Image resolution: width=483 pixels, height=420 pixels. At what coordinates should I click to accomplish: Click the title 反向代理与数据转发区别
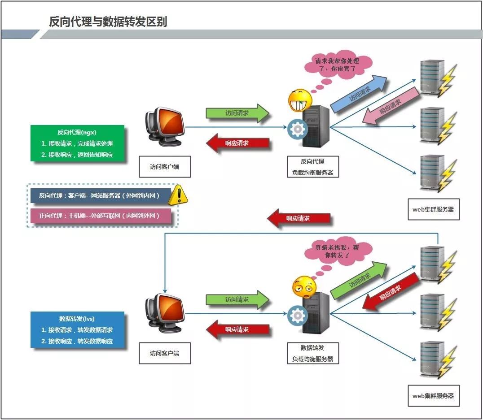(x=108, y=22)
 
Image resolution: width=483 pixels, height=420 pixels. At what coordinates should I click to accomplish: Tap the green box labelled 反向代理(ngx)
(x=77, y=143)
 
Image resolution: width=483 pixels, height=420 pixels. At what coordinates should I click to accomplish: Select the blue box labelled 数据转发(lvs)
(x=77, y=329)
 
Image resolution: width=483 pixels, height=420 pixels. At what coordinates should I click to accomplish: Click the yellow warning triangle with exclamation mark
(x=178, y=195)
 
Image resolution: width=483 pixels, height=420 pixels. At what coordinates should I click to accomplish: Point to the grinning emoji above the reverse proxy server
(x=300, y=100)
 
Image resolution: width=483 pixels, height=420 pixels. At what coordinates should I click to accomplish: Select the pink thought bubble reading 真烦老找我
(x=338, y=251)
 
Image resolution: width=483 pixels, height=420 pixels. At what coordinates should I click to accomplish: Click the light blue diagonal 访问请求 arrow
(x=359, y=93)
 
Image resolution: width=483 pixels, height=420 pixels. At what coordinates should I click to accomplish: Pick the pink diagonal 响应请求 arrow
(x=391, y=106)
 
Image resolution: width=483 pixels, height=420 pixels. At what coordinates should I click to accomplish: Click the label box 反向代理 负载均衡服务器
(x=313, y=167)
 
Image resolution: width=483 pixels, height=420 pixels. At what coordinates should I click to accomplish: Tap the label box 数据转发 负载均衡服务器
(x=313, y=353)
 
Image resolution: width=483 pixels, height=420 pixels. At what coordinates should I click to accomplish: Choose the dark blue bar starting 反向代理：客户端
(x=101, y=195)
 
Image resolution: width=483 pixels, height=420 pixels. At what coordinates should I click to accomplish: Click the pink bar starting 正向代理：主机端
(x=101, y=216)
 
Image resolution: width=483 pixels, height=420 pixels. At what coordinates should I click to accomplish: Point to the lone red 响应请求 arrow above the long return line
(x=299, y=218)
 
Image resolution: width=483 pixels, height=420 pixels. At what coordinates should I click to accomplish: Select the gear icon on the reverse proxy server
(x=297, y=129)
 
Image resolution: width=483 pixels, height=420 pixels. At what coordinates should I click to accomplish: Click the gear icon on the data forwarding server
(x=297, y=316)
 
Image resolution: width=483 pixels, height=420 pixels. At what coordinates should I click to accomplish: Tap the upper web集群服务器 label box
(x=434, y=209)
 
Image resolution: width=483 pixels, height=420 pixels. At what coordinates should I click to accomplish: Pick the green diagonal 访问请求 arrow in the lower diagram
(x=359, y=280)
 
